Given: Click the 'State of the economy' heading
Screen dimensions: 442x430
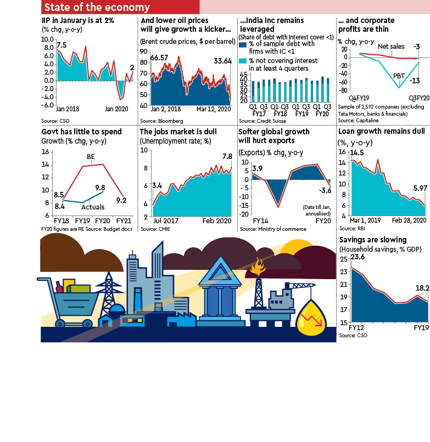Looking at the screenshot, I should click(97, 7).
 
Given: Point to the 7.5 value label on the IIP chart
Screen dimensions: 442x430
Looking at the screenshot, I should click(62, 45).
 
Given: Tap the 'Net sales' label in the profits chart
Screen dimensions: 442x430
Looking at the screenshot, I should click(390, 47).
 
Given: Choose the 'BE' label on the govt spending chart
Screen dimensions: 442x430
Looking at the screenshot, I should click(91, 156).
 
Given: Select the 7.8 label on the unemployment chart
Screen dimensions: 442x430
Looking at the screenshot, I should click(227, 156).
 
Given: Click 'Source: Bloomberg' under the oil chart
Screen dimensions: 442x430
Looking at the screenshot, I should click(161, 120).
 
